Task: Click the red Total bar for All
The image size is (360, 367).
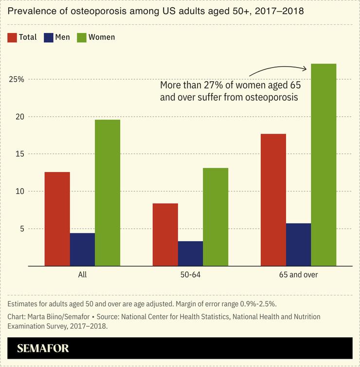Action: click(57, 219)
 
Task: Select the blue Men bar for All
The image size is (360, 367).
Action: click(82, 249)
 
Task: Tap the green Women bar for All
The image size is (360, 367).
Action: click(108, 192)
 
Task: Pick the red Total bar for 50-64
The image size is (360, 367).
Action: click(165, 234)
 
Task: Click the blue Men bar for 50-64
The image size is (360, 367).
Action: click(190, 253)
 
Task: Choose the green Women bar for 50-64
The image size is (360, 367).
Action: click(216, 217)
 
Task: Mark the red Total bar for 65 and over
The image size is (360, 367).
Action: click(273, 200)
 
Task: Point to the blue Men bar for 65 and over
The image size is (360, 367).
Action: click(298, 245)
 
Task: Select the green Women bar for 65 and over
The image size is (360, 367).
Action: click(324, 165)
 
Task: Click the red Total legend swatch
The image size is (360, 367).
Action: click(13, 37)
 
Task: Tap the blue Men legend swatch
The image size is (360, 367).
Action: click(49, 37)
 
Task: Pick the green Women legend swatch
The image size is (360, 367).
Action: click(81, 37)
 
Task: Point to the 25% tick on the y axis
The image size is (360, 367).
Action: click(17, 79)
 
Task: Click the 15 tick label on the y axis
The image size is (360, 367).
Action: click(18, 154)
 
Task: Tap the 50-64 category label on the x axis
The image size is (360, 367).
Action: click(190, 275)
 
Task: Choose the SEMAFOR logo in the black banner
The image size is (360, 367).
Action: click(43, 348)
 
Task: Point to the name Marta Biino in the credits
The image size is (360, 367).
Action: click(44, 316)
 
